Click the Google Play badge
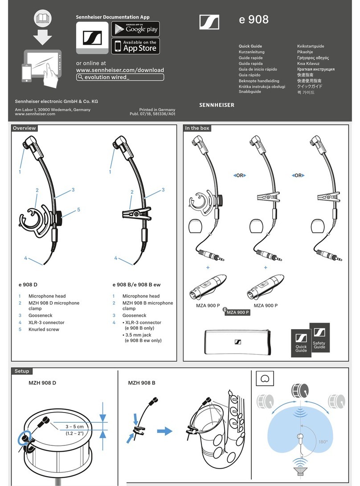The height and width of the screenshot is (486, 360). (x=135, y=29)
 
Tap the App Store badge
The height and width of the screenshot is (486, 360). (x=135, y=46)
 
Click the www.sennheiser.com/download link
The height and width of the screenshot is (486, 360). (x=120, y=70)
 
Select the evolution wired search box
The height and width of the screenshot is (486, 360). (x=120, y=77)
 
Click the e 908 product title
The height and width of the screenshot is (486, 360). (x=254, y=20)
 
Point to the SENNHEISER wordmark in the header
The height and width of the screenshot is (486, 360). (x=217, y=105)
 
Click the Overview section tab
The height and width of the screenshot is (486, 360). (x=24, y=128)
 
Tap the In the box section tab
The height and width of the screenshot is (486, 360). (x=197, y=128)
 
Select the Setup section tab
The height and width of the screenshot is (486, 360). (x=21, y=371)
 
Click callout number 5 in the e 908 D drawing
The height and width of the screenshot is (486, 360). (x=78, y=209)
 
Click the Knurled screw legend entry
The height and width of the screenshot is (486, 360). (x=44, y=330)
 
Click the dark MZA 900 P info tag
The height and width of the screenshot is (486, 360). (x=237, y=312)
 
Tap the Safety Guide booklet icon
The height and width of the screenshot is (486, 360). (x=319, y=339)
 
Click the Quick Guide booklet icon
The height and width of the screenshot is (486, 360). (x=301, y=343)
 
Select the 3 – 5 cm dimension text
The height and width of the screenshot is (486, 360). (x=74, y=426)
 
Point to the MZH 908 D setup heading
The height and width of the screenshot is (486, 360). (x=39, y=383)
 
